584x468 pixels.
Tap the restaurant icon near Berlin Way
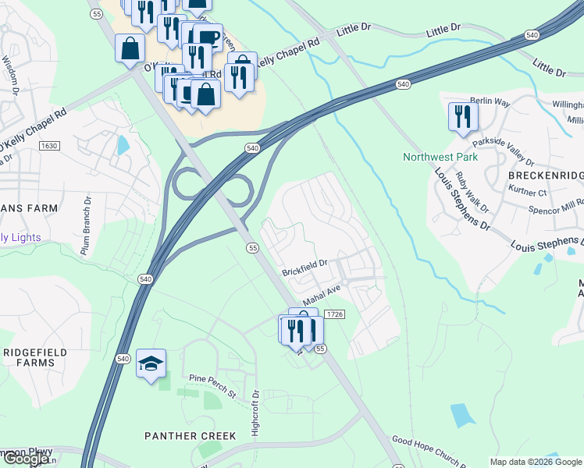point(462,116)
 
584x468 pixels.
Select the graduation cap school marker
point(151,363)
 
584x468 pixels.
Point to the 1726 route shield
point(332,314)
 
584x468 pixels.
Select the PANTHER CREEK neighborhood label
point(191,435)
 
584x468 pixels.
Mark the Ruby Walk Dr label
point(472,192)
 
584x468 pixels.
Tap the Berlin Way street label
point(490,101)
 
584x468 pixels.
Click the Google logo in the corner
point(26,459)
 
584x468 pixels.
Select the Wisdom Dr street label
point(10,74)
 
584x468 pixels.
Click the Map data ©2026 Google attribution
point(536,462)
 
